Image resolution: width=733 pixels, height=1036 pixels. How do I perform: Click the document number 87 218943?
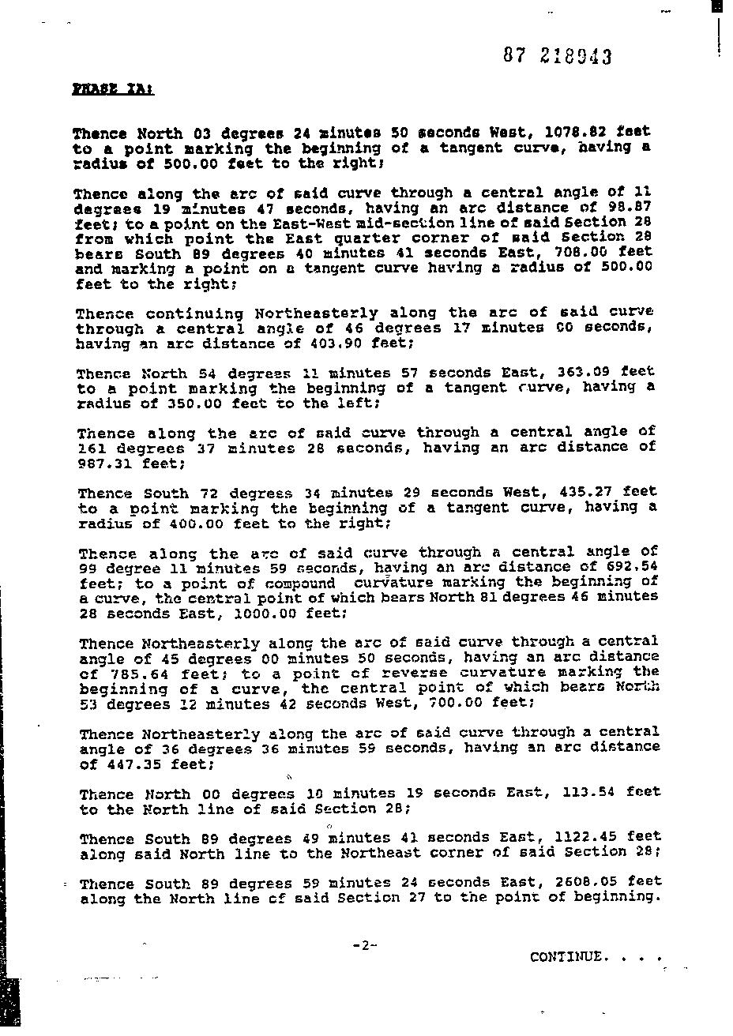pos(557,56)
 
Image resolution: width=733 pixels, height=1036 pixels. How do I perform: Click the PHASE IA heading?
pos(113,89)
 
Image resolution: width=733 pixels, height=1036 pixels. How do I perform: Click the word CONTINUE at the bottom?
pos(569,956)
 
